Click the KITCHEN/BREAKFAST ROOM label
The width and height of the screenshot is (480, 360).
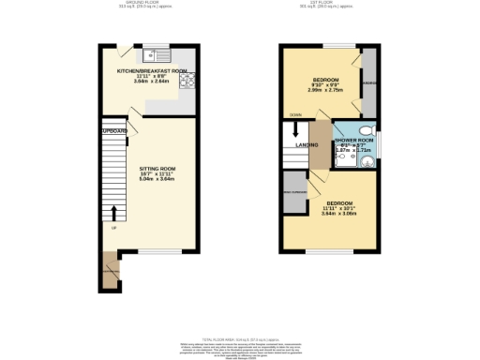point(151,71)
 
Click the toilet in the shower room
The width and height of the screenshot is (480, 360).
point(367,131)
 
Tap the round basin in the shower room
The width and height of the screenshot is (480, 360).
point(367,160)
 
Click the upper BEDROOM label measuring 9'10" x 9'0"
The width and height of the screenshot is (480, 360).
point(325,79)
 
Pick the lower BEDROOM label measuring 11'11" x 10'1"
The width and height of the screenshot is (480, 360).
point(338,203)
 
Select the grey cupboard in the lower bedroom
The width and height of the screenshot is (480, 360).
point(295,191)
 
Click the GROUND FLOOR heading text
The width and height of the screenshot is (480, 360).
point(144,5)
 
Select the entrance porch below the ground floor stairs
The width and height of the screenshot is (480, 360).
point(111,272)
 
